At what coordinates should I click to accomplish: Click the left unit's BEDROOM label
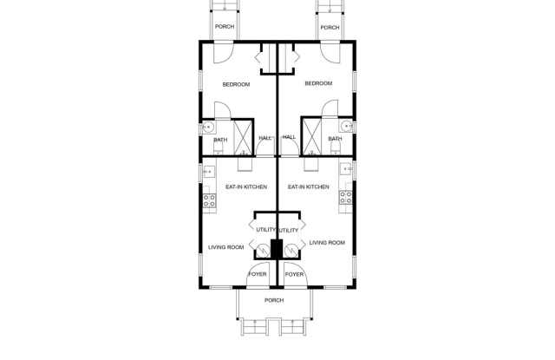(236, 85)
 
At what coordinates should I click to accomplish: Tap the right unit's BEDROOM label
(318, 83)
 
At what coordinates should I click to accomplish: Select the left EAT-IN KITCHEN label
(246, 187)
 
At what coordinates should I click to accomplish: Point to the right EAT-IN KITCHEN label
(309, 187)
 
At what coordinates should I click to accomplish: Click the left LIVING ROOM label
(225, 247)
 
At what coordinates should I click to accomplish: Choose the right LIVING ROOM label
(327, 243)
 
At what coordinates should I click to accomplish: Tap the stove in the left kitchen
(209, 200)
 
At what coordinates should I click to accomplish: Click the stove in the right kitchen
(345, 198)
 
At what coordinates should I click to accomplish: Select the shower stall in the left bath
(243, 137)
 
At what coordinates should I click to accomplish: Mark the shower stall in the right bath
(312, 137)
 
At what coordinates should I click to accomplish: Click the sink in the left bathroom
(208, 127)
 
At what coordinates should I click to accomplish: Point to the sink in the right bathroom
(347, 126)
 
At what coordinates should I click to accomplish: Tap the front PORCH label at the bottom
(274, 300)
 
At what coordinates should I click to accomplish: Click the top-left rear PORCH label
(225, 27)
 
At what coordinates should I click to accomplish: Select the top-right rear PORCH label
(330, 27)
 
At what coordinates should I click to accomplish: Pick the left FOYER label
(258, 274)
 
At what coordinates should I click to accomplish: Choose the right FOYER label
(294, 275)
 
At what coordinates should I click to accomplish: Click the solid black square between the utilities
(277, 248)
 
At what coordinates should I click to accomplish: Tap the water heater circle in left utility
(263, 251)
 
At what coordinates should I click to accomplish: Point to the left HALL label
(265, 138)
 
